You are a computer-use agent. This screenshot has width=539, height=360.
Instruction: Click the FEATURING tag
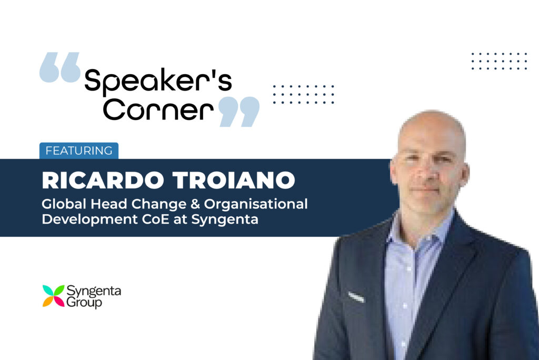click(x=79, y=151)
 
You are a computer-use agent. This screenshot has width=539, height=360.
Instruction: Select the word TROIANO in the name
click(x=234, y=180)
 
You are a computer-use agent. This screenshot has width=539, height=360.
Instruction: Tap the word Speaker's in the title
click(x=158, y=82)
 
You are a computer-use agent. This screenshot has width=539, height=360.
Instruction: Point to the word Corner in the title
click(x=158, y=109)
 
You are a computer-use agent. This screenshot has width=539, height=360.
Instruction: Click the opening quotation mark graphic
click(x=60, y=67)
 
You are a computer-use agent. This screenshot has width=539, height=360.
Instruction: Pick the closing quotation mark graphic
click(x=239, y=112)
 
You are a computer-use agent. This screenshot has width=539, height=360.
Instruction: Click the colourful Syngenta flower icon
click(x=53, y=296)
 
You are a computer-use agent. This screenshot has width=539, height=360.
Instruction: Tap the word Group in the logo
click(x=84, y=303)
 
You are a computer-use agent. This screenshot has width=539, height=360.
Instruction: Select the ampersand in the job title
click(x=195, y=204)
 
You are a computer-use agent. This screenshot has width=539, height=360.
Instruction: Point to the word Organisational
click(x=256, y=204)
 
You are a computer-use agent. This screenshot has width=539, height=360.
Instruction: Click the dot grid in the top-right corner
click(x=499, y=61)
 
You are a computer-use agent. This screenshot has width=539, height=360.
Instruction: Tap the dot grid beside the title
click(x=304, y=94)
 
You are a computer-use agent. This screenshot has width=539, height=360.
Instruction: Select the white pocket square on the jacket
click(x=356, y=297)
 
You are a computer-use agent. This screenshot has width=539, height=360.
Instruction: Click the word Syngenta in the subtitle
click(x=225, y=219)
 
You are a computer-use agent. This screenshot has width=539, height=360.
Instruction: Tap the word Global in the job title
click(x=64, y=204)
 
